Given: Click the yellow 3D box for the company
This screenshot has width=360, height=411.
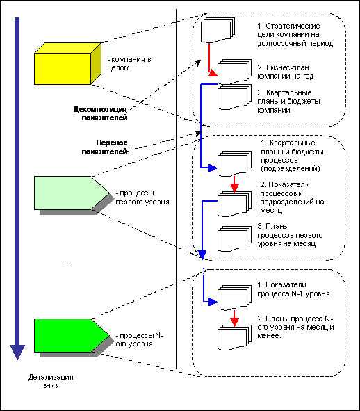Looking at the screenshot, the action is tap(67, 64).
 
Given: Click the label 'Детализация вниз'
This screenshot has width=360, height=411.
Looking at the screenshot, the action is tap(51, 381).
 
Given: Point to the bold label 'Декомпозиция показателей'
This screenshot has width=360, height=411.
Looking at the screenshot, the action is tap(100, 113).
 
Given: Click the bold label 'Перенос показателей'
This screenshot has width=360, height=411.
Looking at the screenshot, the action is tap(104, 147).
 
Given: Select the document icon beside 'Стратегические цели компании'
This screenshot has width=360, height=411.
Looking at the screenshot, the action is tap(218, 30).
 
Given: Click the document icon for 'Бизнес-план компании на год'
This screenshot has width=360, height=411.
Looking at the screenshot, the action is tap(234, 72).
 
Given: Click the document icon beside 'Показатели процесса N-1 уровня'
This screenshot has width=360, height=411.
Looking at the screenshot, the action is tap(234, 298).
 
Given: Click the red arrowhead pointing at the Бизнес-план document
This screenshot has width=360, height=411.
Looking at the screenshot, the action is tap(213, 73).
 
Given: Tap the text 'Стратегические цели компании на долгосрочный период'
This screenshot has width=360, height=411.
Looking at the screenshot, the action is tap(295, 34).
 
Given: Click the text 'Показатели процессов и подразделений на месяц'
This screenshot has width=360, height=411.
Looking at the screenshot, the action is tap(292, 198).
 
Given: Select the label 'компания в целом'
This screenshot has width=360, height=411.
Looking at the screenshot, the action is tap(129, 63).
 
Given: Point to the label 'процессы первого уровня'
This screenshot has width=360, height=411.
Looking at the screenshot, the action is tap(142, 198).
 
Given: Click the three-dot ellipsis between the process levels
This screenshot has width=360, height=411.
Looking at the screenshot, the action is tap(67, 261).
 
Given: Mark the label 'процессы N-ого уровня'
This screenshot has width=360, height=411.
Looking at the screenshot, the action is tap(140, 339).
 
